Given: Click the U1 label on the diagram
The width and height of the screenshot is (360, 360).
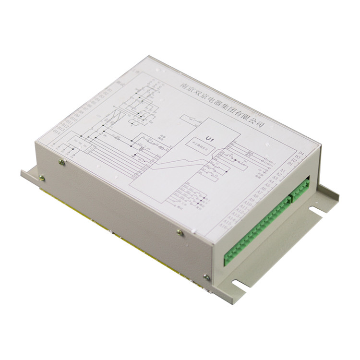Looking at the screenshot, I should click(x=208, y=139).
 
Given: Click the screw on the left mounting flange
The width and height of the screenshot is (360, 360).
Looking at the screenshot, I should click(x=42, y=178).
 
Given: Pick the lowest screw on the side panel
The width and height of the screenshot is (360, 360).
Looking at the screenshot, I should click(x=207, y=277).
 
